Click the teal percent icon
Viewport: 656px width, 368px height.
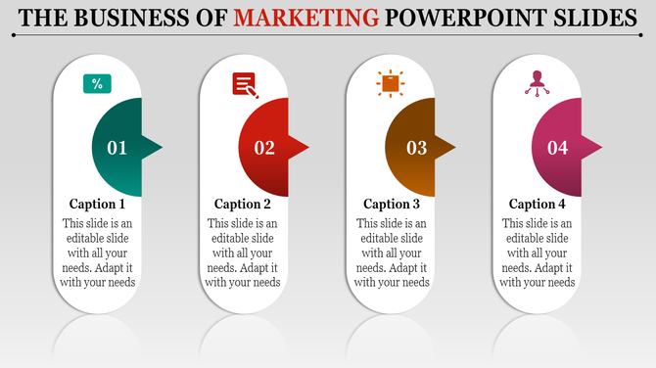(x=97, y=84)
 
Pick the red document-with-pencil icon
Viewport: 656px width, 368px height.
(x=245, y=85)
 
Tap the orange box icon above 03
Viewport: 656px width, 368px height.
(x=391, y=84)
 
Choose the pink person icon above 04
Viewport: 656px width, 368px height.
(x=536, y=83)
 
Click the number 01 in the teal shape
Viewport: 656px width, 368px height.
(x=117, y=148)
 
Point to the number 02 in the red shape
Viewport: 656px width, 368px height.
(x=264, y=148)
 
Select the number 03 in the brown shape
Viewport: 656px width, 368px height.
(x=417, y=148)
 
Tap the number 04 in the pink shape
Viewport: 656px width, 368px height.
(x=557, y=148)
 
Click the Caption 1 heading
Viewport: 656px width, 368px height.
(x=97, y=205)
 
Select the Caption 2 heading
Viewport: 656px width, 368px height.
(x=243, y=205)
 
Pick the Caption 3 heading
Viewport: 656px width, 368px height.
(x=392, y=205)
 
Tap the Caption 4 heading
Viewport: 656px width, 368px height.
(x=538, y=205)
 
